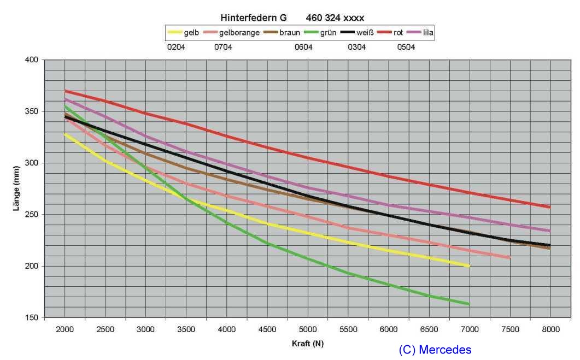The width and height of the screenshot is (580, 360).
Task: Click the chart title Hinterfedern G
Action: [254, 17]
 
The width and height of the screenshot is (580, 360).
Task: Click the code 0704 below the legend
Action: [223, 47]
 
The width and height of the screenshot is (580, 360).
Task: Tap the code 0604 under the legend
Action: [303, 47]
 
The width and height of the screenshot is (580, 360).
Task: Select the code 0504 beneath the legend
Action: [406, 47]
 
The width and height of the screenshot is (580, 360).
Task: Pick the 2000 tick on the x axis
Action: [65, 329]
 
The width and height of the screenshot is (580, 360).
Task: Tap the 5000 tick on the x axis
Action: [308, 329]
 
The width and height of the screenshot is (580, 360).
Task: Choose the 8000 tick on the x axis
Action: [550, 329]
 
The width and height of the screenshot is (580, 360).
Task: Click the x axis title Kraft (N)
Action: [307, 344]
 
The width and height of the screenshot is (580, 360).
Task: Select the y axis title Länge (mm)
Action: [17, 188]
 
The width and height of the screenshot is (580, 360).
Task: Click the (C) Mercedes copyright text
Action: [435, 350]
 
